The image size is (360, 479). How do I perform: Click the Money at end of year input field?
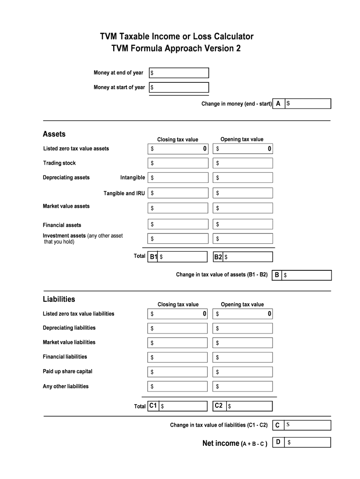179,73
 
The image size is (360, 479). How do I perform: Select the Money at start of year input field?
179,87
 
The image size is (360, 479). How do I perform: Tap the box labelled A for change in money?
308,104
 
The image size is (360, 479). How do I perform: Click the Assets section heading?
54,134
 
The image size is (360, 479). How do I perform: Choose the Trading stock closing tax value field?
178,163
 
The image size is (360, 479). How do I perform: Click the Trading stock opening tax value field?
243,163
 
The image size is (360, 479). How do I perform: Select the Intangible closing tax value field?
178,178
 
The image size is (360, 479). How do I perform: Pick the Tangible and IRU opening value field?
243,193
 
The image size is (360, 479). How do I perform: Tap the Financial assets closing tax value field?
178,225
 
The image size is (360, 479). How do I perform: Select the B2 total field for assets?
248,257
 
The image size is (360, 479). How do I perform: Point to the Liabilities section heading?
59,299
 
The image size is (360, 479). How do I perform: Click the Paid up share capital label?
67,371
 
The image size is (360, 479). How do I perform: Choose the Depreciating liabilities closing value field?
178,328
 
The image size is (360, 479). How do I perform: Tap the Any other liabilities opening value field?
243,386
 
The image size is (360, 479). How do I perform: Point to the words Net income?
221,443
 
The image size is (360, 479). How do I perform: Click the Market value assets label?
66,206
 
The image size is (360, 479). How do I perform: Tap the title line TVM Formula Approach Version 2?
176,49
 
